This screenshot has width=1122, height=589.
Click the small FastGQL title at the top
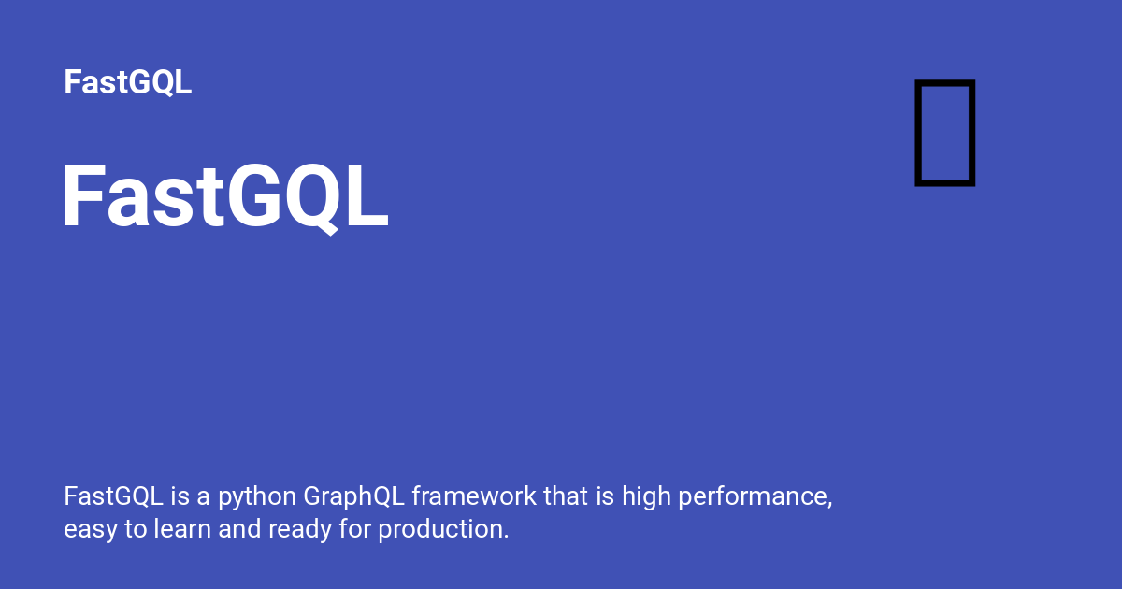coord(128,82)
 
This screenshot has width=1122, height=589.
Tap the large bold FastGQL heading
coord(224,198)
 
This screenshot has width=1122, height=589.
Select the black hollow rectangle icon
coord(944,132)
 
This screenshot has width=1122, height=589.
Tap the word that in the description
coord(566,496)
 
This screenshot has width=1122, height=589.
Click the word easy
coord(91,530)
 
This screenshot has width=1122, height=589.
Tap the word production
coord(443,529)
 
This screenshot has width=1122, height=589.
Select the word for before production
coord(355,529)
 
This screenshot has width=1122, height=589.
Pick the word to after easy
coord(135,529)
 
